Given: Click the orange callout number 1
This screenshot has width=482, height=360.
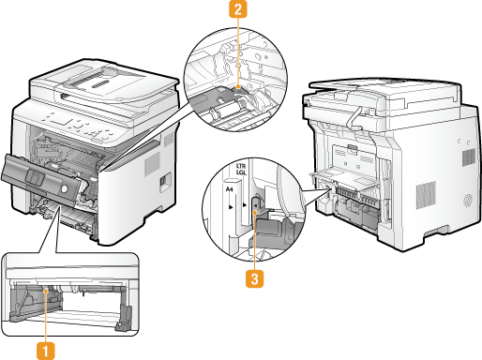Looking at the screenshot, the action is (x=46, y=351).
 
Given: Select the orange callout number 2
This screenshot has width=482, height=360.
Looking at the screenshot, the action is (x=238, y=9).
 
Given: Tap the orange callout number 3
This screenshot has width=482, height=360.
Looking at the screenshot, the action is (x=254, y=278).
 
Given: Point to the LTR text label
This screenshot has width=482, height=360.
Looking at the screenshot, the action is (x=241, y=166).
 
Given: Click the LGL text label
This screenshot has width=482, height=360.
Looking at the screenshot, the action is (x=241, y=172).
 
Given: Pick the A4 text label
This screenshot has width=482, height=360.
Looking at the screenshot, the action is (x=229, y=189).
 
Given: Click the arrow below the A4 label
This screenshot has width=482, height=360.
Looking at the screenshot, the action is (x=231, y=206).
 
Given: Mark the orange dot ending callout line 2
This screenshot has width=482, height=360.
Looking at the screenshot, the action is (x=238, y=86).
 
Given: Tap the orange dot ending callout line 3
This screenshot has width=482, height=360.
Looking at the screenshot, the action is (x=255, y=213).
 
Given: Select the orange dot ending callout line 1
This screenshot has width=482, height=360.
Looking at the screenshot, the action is (x=46, y=292).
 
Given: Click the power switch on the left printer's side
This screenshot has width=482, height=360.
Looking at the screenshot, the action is (x=162, y=181).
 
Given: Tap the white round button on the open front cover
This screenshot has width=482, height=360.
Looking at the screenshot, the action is (x=64, y=188).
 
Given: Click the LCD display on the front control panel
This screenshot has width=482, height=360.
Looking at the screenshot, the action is (x=59, y=121).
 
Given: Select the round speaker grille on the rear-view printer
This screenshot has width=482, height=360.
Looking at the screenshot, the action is (x=468, y=201).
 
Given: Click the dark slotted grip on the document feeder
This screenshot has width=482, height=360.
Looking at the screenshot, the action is (x=100, y=83).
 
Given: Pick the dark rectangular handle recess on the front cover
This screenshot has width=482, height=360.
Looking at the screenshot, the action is (x=35, y=178).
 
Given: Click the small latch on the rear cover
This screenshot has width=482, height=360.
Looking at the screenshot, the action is (x=351, y=149).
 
